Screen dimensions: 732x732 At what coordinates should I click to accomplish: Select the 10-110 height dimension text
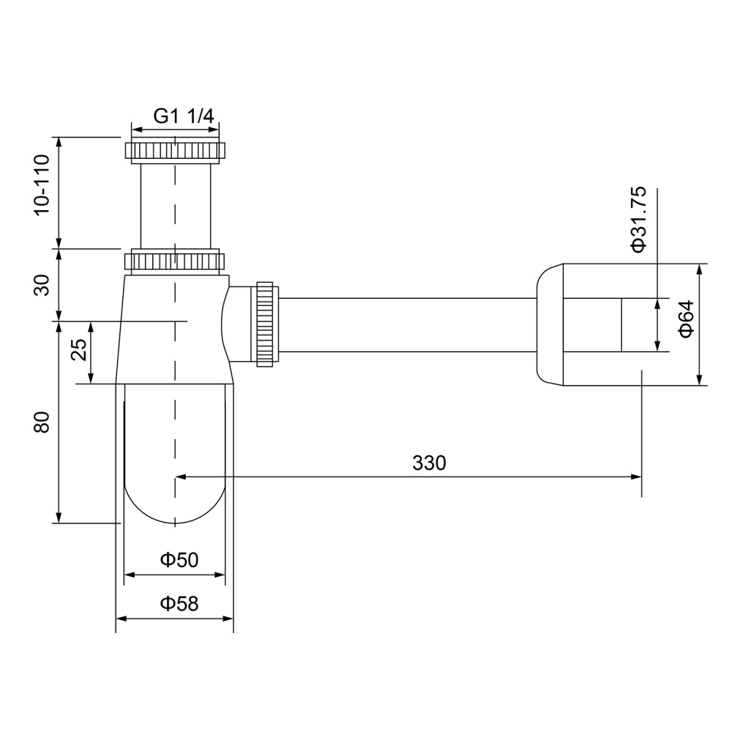click(42, 184)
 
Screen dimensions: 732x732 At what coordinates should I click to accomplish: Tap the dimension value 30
click(42, 284)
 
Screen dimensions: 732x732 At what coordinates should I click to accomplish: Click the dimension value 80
click(42, 422)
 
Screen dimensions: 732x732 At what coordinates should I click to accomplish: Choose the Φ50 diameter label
click(179, 560)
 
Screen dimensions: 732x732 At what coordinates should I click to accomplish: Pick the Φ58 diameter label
click(179, 604)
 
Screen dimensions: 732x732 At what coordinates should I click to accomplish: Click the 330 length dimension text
click(428, 463)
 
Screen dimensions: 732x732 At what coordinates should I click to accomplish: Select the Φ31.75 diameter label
click(639, 220)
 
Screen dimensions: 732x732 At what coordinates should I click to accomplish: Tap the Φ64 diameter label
click(686, 319)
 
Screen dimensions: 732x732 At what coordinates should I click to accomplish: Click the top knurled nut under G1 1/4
click(175, 152)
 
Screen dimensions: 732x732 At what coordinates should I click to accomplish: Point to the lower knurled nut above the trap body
click(175, 261)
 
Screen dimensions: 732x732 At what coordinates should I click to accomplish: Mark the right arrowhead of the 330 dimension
click(637, 477)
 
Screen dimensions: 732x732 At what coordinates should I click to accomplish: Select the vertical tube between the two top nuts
click(175, 206)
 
